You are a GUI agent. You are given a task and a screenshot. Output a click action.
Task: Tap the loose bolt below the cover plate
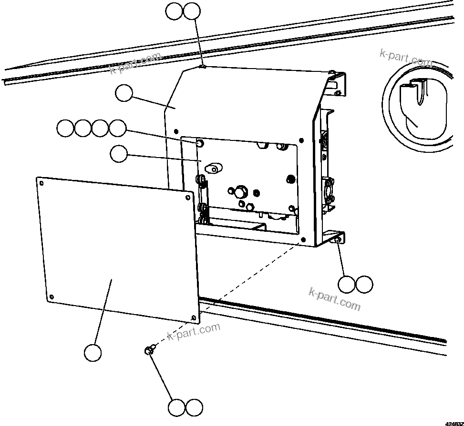click(148, 350)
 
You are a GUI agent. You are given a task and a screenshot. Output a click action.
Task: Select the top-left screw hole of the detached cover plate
click(41, 182)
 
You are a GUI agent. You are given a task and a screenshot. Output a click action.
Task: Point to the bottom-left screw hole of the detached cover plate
click(52, 297)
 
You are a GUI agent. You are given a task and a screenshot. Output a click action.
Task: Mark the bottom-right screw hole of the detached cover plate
click(193, 317)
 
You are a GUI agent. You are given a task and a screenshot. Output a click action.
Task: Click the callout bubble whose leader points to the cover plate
click(93, 353)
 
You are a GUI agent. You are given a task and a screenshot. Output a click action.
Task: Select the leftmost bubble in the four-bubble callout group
click(65, 128)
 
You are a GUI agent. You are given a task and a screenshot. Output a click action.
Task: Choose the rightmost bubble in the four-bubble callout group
click(117, 128)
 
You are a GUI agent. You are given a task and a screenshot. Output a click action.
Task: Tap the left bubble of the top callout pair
click(175, 11)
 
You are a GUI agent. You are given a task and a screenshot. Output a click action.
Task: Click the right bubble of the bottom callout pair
click(194, 407)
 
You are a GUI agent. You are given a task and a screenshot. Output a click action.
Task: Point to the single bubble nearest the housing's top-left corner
click(124, 93)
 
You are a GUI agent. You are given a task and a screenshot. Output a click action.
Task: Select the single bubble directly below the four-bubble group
click(119, 154)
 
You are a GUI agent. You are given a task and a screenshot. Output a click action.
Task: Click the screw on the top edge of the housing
click(203, 68)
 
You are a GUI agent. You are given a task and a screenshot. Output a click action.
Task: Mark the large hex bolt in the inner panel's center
click(239, 192)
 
